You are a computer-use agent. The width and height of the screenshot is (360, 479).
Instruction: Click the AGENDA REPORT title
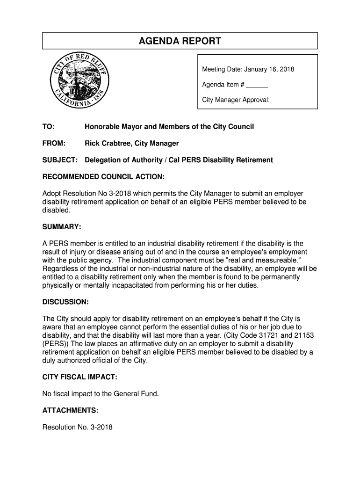pos(180,41)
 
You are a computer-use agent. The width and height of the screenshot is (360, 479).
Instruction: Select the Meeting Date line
pos(248,70)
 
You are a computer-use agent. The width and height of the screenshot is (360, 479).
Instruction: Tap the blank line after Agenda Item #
pos(257,85)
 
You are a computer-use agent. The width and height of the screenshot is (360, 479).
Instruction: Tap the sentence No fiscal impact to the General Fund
pos(101,394)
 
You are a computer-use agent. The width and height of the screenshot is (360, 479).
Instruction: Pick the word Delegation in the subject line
pos(102,160)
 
